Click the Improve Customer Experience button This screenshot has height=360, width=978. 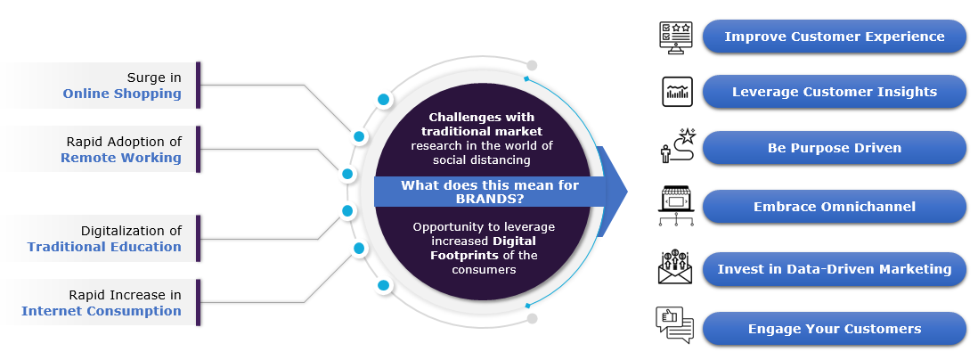834,37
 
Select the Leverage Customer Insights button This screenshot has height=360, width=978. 834,92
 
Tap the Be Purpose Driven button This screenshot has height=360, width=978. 834,148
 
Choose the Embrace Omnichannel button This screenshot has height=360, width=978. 834,207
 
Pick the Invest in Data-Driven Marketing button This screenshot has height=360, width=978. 834,269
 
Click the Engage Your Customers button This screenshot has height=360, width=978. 834,329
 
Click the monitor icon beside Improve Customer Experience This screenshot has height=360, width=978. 675,37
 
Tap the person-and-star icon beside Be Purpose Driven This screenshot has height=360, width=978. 674,147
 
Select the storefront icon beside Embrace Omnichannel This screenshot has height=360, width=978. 675,206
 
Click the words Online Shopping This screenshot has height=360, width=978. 122,94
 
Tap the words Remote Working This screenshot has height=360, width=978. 121,158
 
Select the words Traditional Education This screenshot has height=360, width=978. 104,247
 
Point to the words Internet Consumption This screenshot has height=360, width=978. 102,311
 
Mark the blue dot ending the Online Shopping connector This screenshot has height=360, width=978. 359,136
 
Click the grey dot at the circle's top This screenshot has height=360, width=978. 532,65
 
